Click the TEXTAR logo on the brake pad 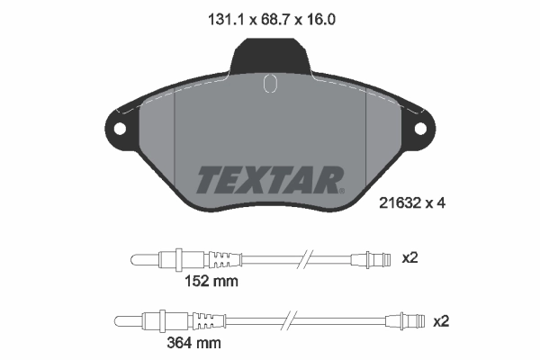(x=269, y=180)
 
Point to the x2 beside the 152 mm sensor (x=409, y=257)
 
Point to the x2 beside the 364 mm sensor (x=441, y=320)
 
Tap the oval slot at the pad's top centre (x=269, y=85)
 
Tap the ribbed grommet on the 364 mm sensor (x=206, y=320)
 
